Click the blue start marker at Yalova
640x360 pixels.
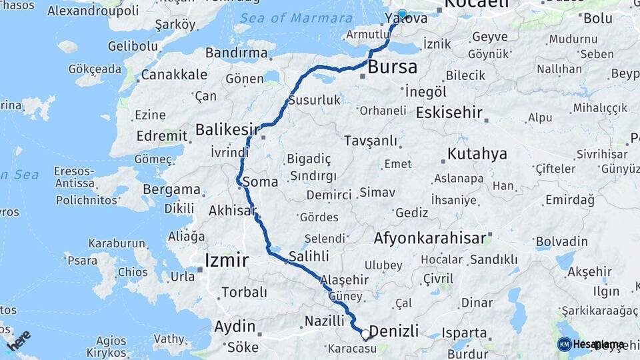(x=402, y=14)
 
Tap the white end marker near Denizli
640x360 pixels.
(x=365, y=334)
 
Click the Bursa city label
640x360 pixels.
(x=393, y=67)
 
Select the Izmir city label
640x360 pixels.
(x=227, y=259)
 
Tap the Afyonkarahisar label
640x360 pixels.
(x=433, y=238)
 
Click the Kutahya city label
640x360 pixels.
(x=477, y=154)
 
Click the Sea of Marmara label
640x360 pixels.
(x=296, y=18)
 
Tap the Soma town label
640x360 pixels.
(x=261, y=181)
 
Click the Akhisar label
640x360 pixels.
(x=233, y=211)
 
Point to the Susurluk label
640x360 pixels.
(x=315, y=101)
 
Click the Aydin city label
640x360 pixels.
(x=235, y=327)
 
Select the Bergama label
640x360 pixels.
(x=171, y=189)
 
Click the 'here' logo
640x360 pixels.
(x=18, y=341)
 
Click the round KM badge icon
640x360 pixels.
(x=564, y=344)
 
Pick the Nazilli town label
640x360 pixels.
(x=324, y=321)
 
